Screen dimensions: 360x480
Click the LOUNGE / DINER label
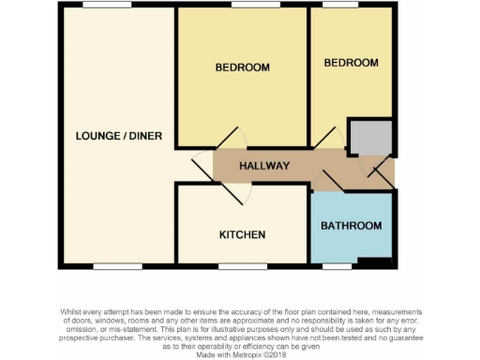119,136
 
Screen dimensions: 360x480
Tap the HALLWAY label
263,166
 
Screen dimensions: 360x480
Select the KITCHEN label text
242,234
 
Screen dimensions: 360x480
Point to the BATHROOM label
352,226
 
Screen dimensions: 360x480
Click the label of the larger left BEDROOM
242,67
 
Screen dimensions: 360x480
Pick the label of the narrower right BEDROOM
352,63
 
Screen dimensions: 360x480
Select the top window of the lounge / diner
106,6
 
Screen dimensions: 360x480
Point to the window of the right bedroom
339,6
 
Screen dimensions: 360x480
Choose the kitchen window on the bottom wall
242,266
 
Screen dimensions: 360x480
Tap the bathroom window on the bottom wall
337,266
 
